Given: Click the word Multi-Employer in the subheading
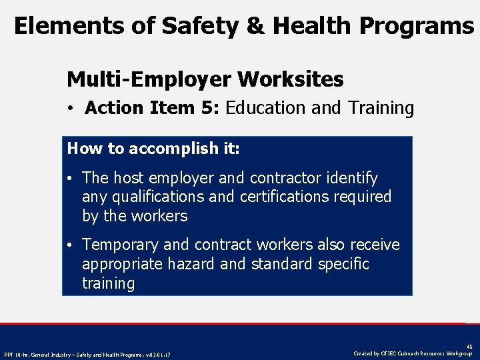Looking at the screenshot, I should [149, 80].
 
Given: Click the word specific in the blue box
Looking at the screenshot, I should [343, 264].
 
